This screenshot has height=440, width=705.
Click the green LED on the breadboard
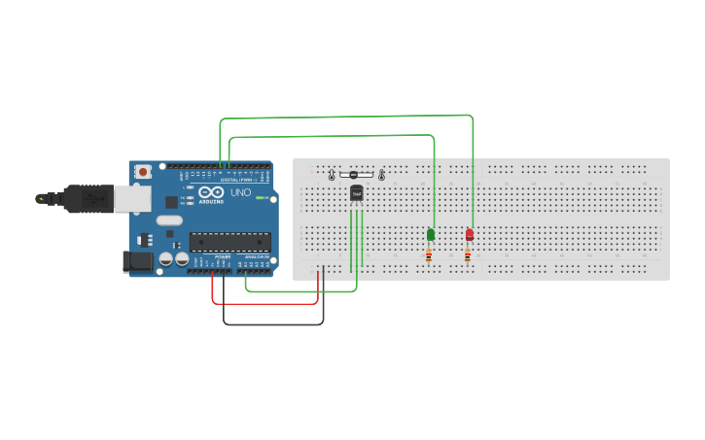(431, 234)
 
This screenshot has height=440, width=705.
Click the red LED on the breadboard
(470, 234)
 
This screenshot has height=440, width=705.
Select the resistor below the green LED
(429, 255)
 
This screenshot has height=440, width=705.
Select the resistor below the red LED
(468, 255)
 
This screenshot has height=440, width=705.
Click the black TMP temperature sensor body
(357, 193)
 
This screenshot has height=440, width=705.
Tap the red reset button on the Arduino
(143, 172)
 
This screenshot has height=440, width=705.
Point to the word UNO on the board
(240, 192)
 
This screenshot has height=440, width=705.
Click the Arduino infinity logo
(210, 192)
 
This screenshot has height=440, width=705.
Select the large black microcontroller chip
(229, 241)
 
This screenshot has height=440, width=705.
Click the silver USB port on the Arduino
(130, 198)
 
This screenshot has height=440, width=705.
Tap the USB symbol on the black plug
(93, 198)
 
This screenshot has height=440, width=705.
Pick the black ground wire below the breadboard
(273, 324)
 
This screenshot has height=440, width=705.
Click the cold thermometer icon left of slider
(332, 175)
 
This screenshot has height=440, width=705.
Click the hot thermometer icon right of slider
(381, 175)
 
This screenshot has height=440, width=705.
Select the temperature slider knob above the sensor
(353, 175)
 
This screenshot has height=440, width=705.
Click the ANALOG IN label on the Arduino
(256, 256)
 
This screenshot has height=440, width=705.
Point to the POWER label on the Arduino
(223, 256)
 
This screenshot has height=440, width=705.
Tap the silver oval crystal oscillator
(169, 220)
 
